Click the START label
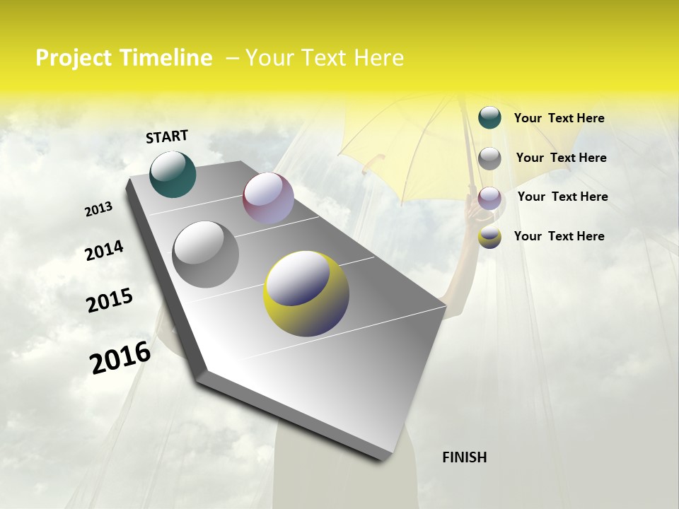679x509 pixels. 167,136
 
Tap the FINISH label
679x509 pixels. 464,457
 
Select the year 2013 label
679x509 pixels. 99,209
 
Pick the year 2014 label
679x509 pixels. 104,250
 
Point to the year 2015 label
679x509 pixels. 110,300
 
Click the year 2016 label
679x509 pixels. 120,357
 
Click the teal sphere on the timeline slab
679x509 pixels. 173,174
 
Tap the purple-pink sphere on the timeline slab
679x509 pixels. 268,198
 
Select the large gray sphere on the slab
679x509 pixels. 206,254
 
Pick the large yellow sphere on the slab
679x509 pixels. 306,293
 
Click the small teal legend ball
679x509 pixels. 489,117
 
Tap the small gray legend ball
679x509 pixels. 489,158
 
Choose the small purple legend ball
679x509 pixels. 489,198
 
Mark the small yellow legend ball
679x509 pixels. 489,237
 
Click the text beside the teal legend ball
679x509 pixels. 559,118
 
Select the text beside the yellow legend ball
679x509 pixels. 559,236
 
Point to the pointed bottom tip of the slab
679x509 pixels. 382,458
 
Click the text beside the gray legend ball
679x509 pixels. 561,158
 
